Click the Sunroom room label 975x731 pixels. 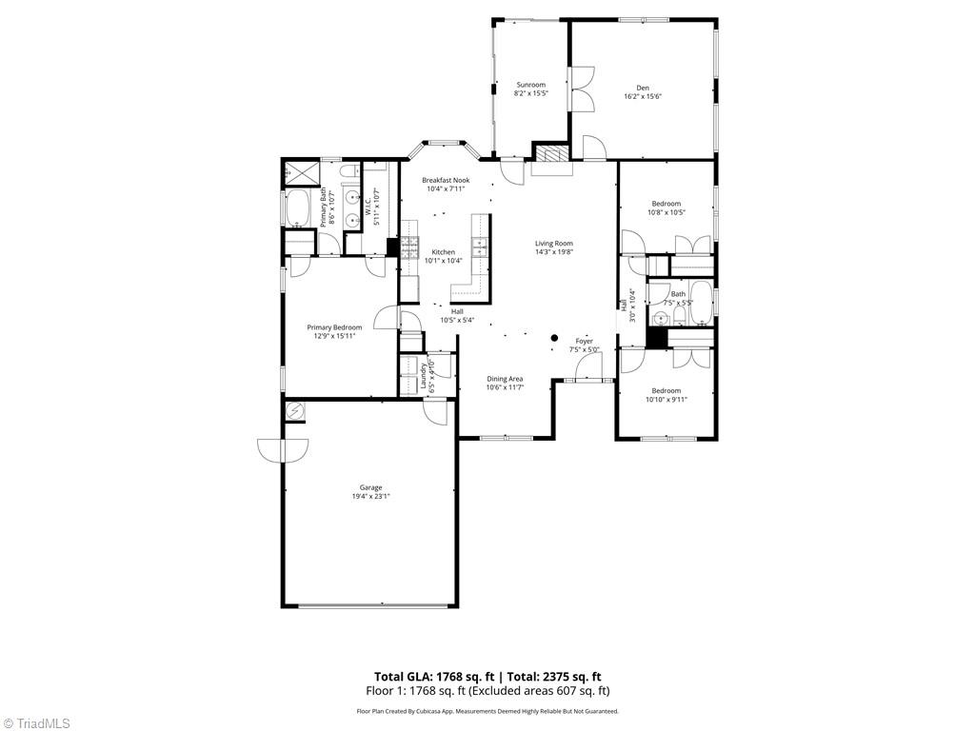pos(530,85)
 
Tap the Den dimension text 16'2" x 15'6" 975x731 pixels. pos(643,96)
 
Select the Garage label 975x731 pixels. pos(370,487)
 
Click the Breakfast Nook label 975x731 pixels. pos(446,180)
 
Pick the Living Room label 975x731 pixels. pos(554,244)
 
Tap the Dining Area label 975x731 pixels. pos(505,379)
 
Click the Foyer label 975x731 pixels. pos(584,341)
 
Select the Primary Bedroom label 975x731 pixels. pos(334,327)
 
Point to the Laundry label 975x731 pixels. pos(423,373)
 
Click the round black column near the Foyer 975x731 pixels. pos(554,338)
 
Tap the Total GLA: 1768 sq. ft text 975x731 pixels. pos(430,677)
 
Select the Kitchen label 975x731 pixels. pos(443,252)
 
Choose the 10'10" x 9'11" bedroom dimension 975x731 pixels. pos(666,399)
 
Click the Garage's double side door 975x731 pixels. pos(283,449)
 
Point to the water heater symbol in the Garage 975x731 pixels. pos(296,410)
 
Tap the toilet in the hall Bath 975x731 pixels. pos(661,320)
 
